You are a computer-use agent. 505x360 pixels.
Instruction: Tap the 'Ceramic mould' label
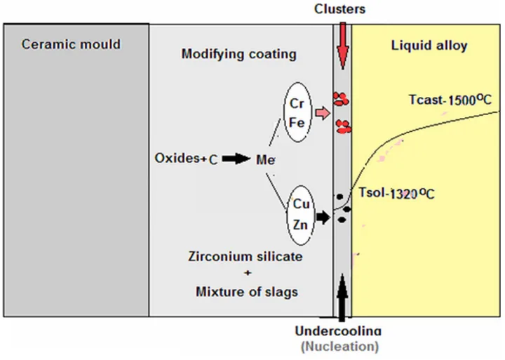[x=71, y=44]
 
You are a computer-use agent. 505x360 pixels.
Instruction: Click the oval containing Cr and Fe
[x=296, y=112]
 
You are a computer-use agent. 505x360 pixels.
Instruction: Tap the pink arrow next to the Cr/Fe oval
[x=322, y=112]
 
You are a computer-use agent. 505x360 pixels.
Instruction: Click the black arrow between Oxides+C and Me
[x=236, y=159]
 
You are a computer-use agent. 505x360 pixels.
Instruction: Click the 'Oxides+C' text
[x=186, y=159]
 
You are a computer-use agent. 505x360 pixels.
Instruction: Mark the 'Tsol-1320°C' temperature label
[x=397, y=192]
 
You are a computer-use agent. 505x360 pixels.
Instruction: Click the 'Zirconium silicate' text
[x=241, y=257]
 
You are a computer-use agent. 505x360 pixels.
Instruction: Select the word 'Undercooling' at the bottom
[x=339, y=331]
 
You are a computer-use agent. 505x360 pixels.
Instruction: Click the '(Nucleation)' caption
[x=339, y=346]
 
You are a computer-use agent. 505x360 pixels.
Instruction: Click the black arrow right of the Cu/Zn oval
[x=322, y=218]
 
